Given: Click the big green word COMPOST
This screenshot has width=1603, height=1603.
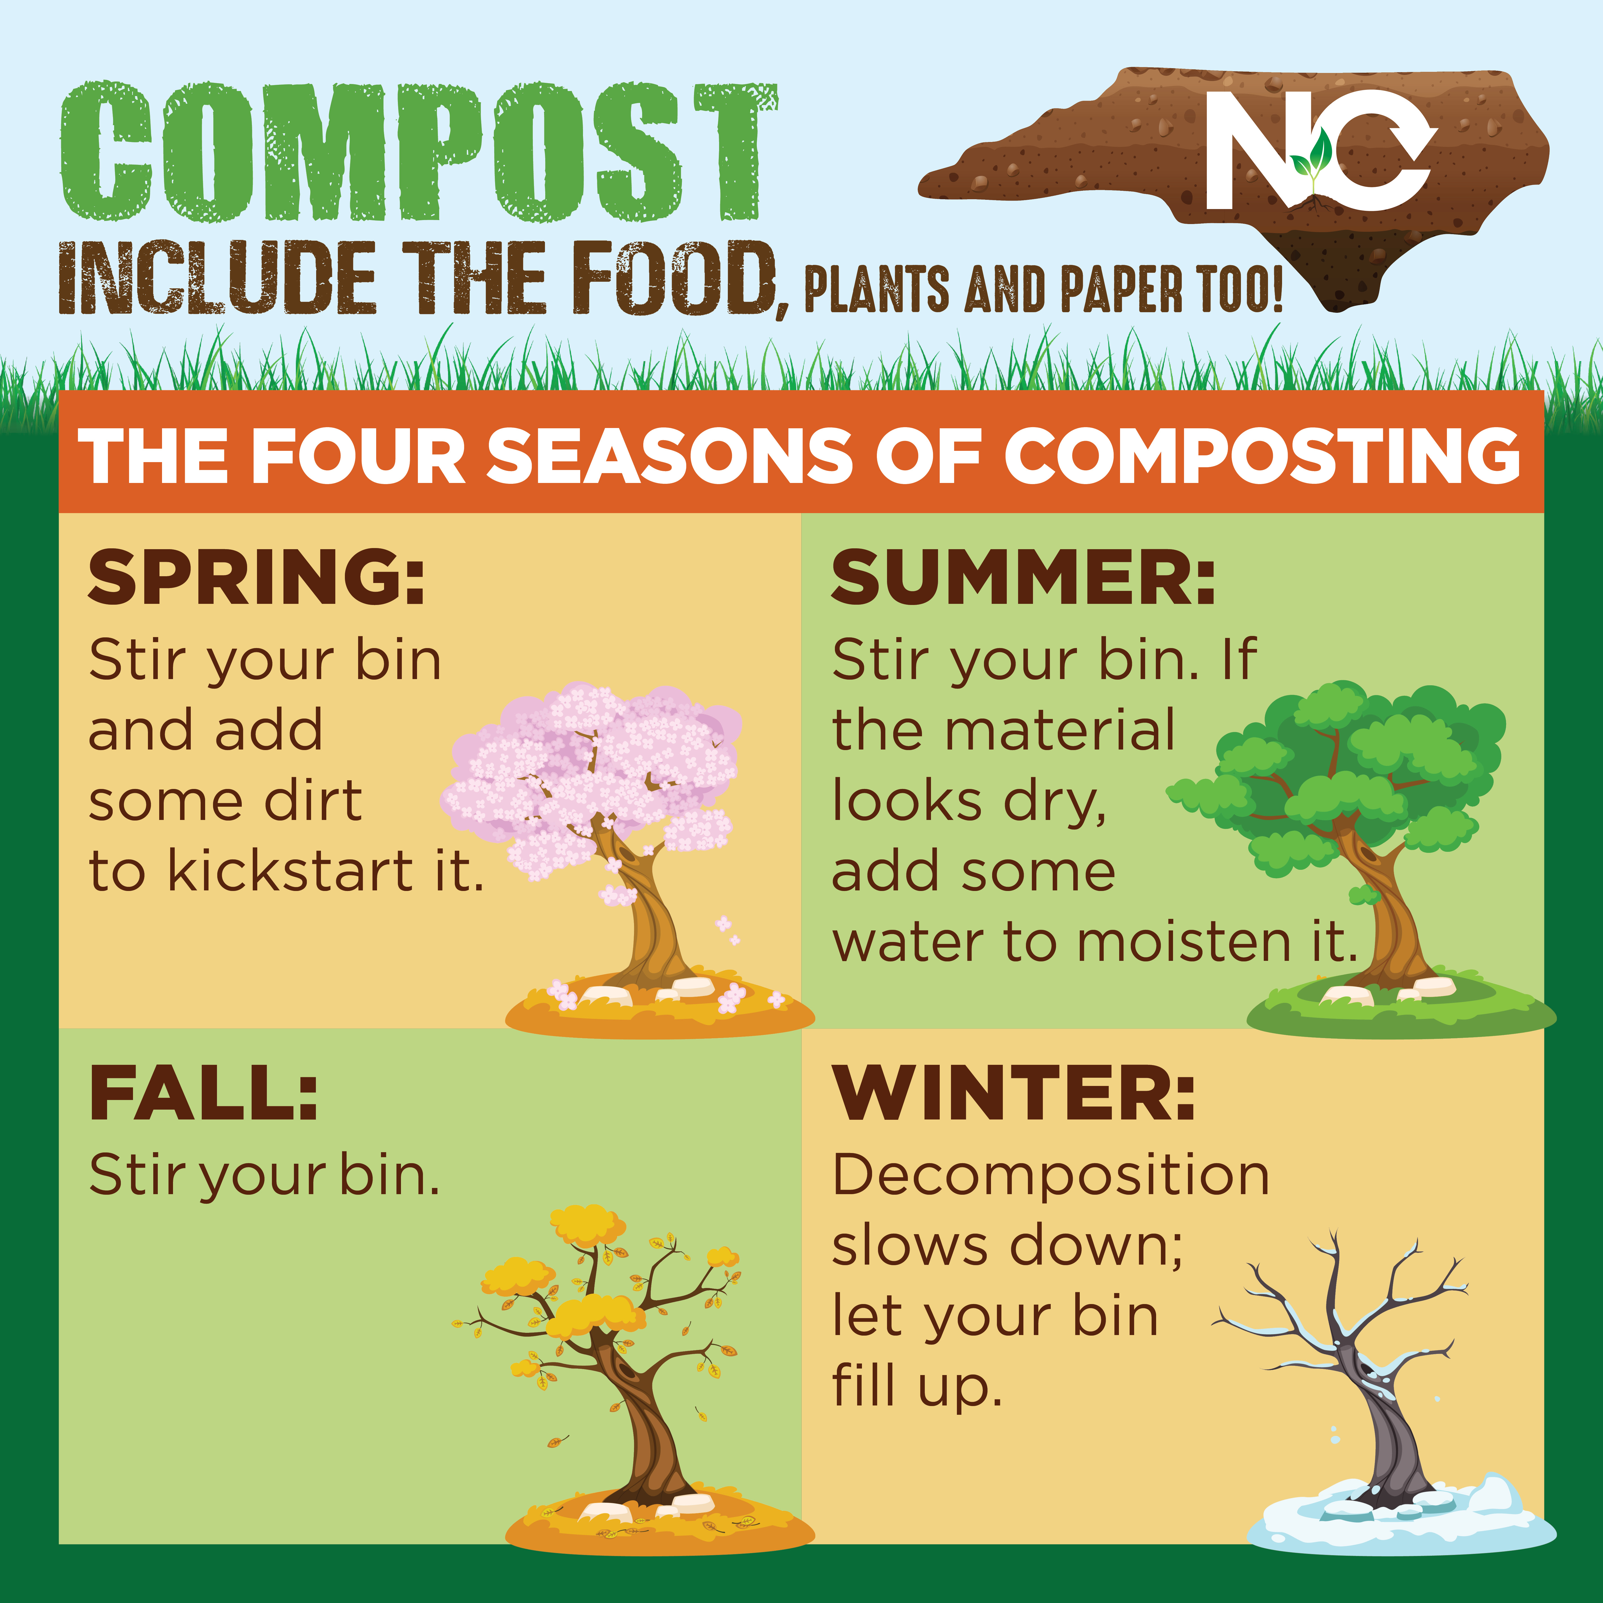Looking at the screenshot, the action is click(x=419, y=152).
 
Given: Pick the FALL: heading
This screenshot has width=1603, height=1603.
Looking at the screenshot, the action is click(x=203, y=1093).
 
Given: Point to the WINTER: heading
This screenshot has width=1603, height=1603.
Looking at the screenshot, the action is click(x=1014, y=1093).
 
